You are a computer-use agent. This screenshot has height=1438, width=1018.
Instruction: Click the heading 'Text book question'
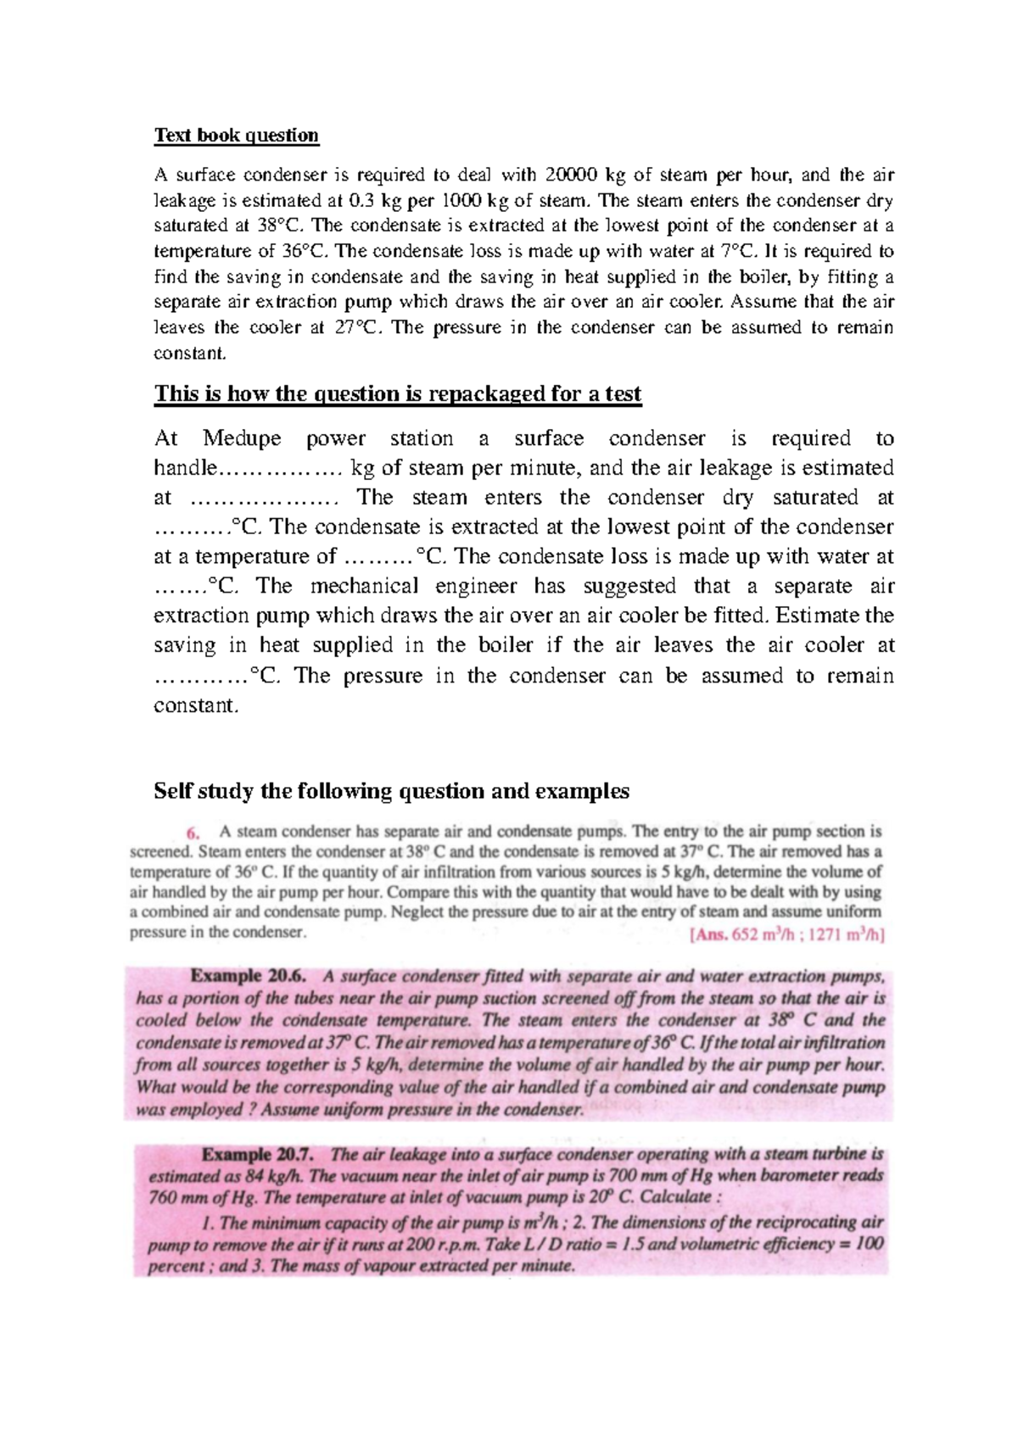(x=236, y=136)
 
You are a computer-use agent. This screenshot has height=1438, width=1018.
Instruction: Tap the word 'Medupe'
(x=242, y=438)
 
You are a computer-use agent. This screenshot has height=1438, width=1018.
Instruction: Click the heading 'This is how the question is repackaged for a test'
(x=397, y=394)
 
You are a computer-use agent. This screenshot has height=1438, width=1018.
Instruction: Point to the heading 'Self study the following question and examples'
(x=391, y=791)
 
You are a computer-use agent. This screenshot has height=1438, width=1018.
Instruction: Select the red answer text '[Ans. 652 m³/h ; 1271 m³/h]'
(x=788, y=936)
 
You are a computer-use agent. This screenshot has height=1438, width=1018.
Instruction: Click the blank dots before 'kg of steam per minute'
(x=280, y=469)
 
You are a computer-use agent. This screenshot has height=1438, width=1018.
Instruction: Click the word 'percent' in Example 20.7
(x=176, y=1267)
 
